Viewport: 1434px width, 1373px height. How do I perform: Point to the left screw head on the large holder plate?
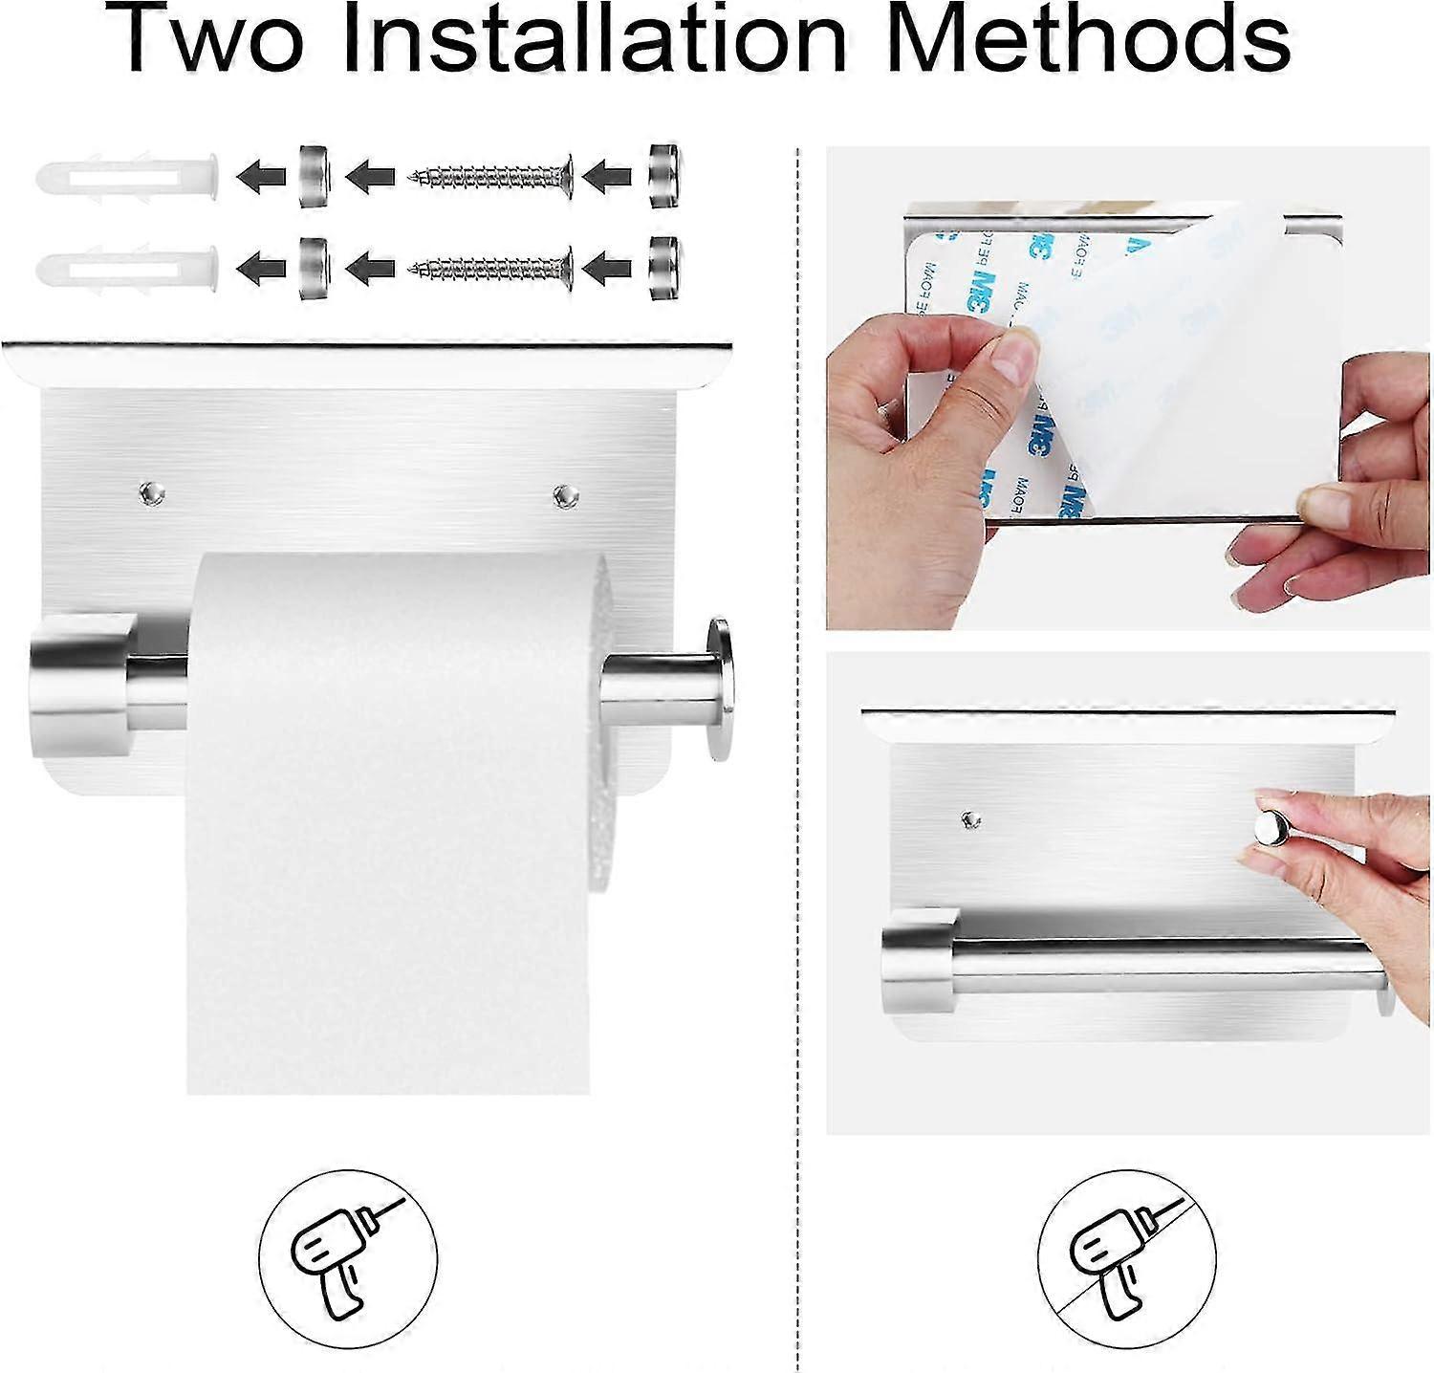coord(151,493)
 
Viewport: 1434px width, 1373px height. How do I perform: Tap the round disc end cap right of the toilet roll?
coord(718,689)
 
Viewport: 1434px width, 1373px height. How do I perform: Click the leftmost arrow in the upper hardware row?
coord(261,176)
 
